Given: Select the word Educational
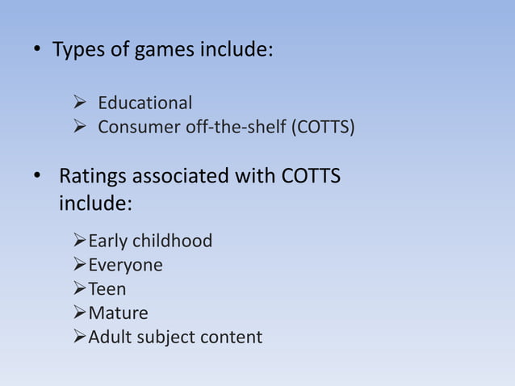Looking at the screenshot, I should (145, 103).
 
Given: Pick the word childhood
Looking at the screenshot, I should (174, 241).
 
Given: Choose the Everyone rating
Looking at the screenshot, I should (125, 265).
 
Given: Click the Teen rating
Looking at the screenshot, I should (107, 288).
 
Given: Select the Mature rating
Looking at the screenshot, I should (118, 313).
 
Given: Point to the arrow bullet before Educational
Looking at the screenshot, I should (79, 103).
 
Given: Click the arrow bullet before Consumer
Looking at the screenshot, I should (79, 128).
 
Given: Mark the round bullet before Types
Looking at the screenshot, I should (36, 52).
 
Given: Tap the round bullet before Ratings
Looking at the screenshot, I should (36, 176).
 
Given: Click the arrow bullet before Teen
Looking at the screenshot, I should (79, 288).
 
